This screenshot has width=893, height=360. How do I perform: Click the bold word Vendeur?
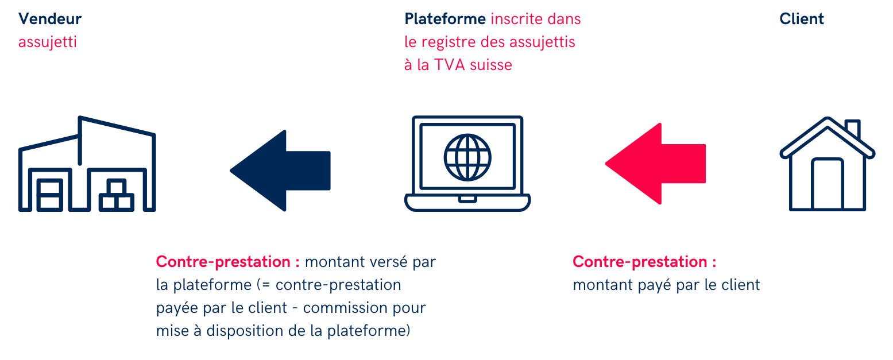[50, 19]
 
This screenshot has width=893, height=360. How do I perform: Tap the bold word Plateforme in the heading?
[445, 19]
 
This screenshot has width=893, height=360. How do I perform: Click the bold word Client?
[801, 19]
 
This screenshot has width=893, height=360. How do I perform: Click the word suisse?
[491, 64]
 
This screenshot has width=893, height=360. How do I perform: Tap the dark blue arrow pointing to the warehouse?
[280, 171]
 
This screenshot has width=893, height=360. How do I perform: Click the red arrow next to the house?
[655, 164]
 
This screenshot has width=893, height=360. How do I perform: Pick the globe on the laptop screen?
[467, 157]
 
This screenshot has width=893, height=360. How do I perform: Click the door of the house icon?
[827, 183]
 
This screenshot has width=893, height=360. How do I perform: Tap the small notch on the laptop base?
[467, 199]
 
